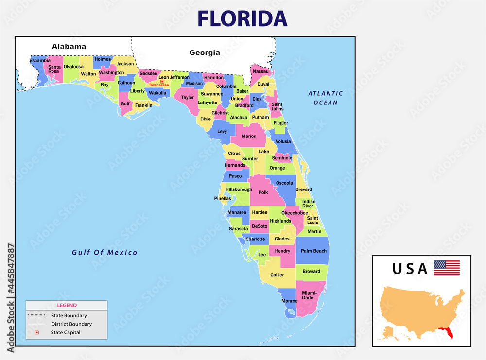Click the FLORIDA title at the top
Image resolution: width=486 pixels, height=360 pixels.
tap(242, 18)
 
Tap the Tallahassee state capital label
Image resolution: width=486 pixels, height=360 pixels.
tap(159, 85)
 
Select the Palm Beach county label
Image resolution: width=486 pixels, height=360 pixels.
tap(313, 251)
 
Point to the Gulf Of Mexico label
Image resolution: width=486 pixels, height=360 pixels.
tap(104, 253)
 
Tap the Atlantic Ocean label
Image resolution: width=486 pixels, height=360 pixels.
tap(325, 98)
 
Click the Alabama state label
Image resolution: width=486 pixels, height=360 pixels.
tap(69, 47)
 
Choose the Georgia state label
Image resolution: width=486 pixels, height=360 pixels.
tap(205, 52)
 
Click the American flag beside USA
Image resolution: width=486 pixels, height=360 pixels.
tap(447, 268)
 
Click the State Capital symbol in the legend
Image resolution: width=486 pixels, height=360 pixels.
tap(36, 332)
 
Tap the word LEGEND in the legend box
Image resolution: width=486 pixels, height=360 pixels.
tap(67, 305)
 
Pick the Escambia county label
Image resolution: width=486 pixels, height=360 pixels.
tap(40, 61)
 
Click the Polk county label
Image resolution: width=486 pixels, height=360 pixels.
tap(263, 192)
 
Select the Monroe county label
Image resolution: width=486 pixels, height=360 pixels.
tap(289, 301)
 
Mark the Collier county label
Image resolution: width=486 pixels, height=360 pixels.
tap(277, 275)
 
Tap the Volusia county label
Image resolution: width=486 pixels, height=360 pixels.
tap(283, 141)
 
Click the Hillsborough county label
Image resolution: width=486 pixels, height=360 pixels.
tap(239, 189)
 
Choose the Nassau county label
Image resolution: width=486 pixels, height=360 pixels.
tap(261, 71)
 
